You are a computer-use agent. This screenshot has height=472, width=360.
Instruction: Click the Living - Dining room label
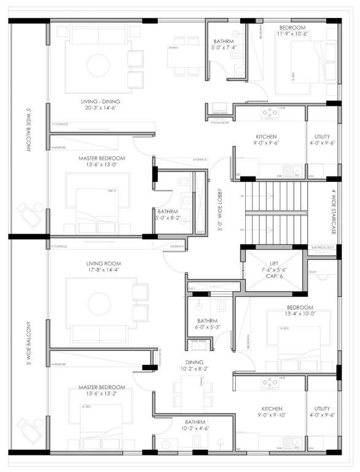101,101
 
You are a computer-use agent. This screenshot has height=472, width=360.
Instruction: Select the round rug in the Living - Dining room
96,64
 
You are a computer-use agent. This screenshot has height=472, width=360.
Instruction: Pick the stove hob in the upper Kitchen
268,113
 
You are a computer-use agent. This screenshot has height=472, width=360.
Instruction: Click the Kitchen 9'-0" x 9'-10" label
272,412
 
